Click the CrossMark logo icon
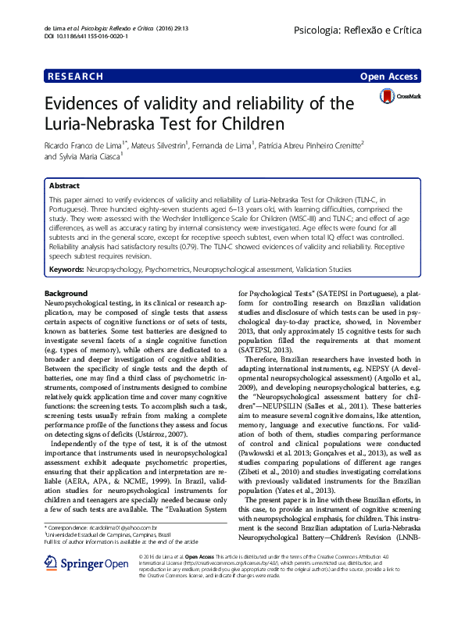coord(400,96)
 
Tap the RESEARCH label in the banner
coord(75,77)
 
